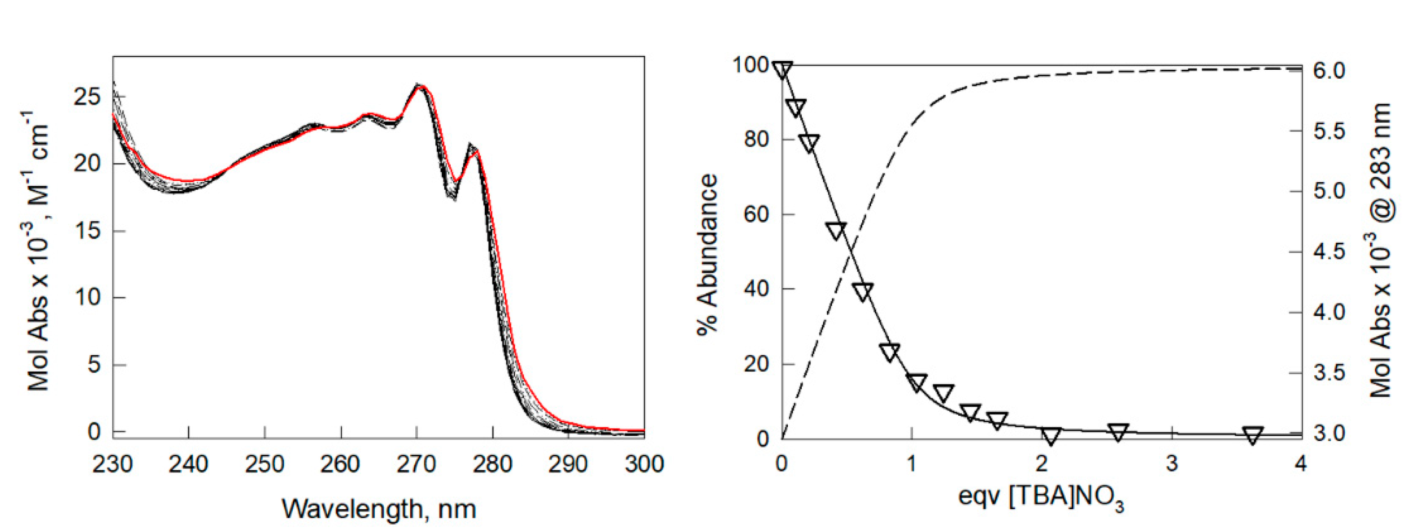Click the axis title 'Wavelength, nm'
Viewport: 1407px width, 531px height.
coord(379,509)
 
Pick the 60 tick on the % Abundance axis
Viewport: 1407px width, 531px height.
coord(756,214)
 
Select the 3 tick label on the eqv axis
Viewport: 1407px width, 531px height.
coord(1171,464)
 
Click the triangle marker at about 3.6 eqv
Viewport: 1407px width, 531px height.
coord(1253,435)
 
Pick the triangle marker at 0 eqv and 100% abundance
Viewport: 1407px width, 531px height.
coord(782,70)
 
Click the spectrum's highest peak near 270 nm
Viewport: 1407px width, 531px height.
coord(419,86)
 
